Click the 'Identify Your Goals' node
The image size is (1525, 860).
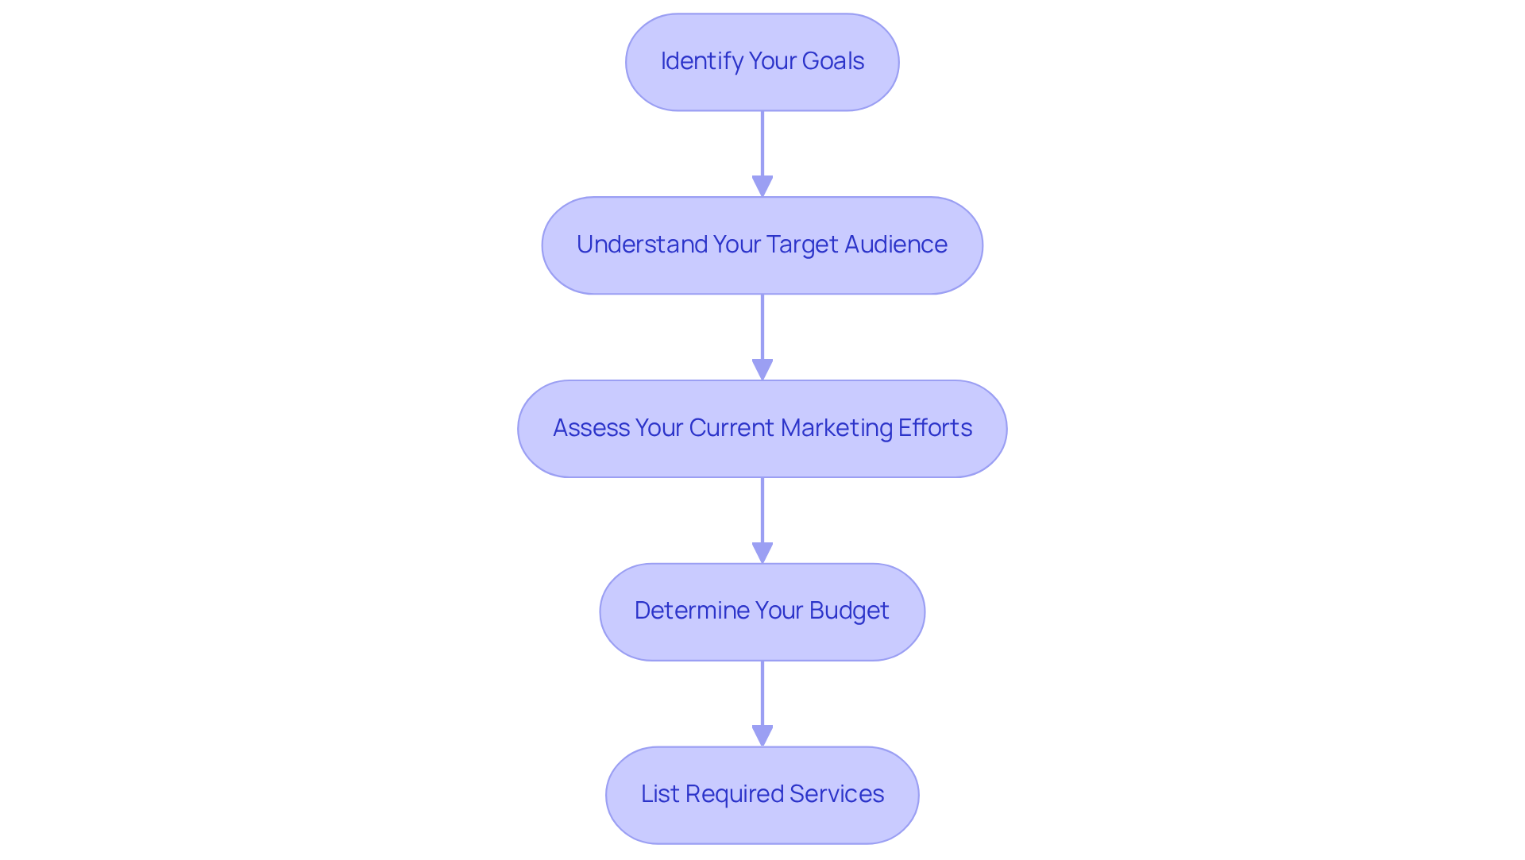point(762,62)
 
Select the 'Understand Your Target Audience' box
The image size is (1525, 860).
point(762,245)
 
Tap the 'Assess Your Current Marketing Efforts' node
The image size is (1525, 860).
point(762,429)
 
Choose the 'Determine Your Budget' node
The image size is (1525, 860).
point(762,612)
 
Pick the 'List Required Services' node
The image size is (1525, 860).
point(762,795)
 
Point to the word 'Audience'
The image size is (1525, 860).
point(895,245)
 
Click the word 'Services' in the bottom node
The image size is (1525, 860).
point(836,794)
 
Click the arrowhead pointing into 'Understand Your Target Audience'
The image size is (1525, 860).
point(762,187)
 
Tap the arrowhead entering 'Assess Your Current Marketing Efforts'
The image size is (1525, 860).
point(762,370)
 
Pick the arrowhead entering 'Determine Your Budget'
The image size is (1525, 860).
point(762,553)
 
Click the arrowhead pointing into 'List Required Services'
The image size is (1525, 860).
point(762,736)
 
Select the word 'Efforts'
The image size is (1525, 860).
point(935,428)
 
